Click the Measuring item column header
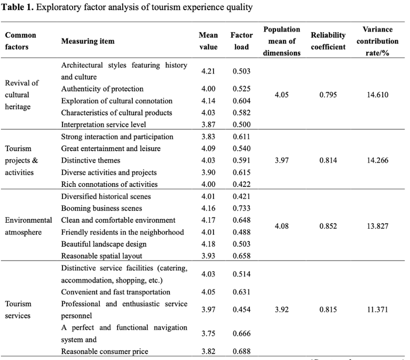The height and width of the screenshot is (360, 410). (x=88, y=41)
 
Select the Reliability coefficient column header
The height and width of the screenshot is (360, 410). (x=328, y=41)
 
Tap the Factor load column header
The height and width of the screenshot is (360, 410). (x=241, y=41)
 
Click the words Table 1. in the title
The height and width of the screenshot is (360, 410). (x=17, y=7)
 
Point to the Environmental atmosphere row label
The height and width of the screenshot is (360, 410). (x=28, y=226)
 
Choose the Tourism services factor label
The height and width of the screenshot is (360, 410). (x=18, y=309)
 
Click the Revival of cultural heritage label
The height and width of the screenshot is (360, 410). (x=22, y=95)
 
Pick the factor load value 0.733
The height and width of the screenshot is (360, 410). (x=241, y=208)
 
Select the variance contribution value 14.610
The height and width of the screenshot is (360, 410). (x=377, y=95)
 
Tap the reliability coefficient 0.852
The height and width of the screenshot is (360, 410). (x=328, y=226)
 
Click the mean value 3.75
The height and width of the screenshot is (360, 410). (x=208, y=333)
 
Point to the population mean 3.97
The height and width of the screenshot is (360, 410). (x=282, y=160)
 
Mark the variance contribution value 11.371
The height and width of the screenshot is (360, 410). (x=377, y=309)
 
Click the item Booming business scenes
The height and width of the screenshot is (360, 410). (x=101, y=208)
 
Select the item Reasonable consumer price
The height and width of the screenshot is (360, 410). (x=105, y=351)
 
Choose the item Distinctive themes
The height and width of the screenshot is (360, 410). (x=90, y=160)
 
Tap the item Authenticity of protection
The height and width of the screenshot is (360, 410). (x=102, y=89)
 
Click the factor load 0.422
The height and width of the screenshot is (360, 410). (x=241, y=184)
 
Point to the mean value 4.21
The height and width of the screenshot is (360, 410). (x=208, y=71)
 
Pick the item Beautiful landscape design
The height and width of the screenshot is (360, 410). (x=104, y=244)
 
